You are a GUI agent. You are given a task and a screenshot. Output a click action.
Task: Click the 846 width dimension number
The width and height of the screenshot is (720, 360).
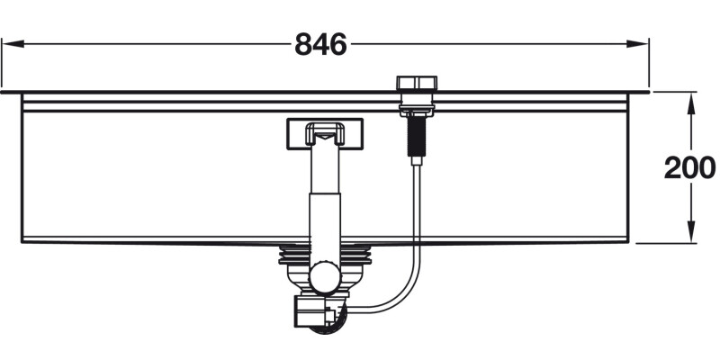tap(320, 44)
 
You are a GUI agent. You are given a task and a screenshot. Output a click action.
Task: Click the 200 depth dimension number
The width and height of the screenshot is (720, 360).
tap(688, 166)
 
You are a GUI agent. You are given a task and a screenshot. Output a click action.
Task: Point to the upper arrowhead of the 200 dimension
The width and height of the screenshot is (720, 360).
tap(690, 100)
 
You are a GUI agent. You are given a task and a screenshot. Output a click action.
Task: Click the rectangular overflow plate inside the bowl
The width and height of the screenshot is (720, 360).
tap(325, 134)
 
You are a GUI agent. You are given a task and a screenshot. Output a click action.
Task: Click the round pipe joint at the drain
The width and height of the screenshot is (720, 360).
tap(325, 274)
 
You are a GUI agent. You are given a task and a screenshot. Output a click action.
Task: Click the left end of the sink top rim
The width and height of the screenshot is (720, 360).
tap(5, 92)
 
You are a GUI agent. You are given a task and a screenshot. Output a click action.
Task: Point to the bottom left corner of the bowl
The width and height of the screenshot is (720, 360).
tap(22, 240)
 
